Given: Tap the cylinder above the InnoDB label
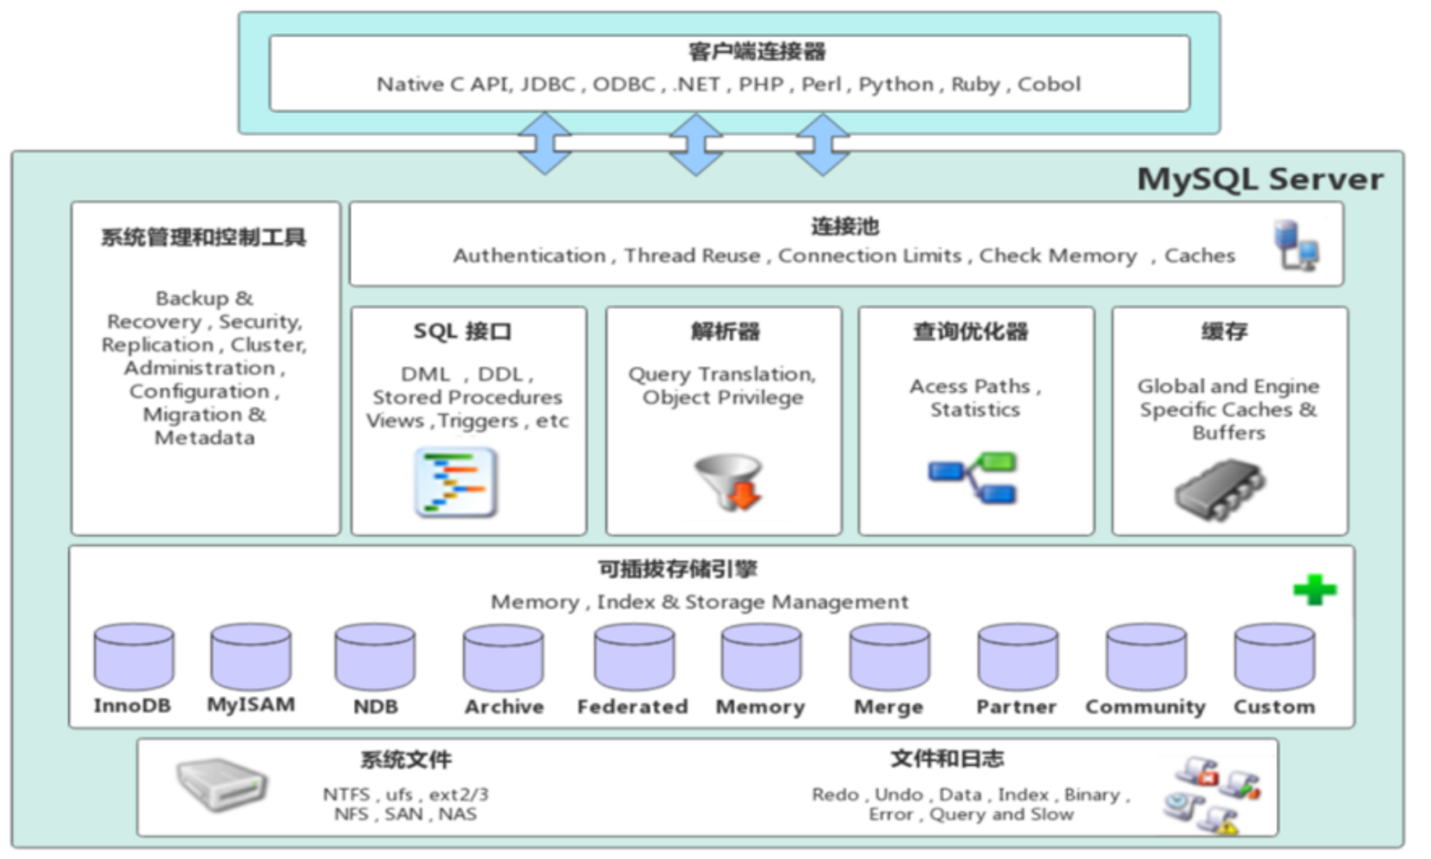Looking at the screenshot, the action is click(x=133, y=657).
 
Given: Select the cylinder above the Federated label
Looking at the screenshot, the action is click(x=634, y=657).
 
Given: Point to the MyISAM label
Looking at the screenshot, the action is click(x=251, y=705).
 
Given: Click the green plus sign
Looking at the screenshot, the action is click(x=1314, y=590).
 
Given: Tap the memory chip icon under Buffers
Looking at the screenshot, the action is click(x=1219, y=489).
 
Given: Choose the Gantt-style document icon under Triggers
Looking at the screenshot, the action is click(x=456, y=482).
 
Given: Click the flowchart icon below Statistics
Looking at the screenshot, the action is click(x=972, y=478).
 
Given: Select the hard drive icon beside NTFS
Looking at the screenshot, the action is click(x=222, y=785).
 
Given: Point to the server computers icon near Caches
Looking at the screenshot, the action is click(x=1297, y=245).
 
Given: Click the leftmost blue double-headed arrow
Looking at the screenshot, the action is click(x=545, y=143).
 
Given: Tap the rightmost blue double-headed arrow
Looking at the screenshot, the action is click(x=823, y=144).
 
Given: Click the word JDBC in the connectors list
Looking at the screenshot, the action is click(x=548, y=84).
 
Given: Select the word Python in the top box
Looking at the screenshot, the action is click(x=895, y=85).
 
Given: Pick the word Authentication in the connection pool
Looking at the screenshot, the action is click(x=529, y=256).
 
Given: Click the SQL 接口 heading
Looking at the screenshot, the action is click(x=462, y=331).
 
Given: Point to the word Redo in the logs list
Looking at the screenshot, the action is click(x=835, y=795).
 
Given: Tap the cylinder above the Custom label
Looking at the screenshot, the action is click(x=1274, y=657).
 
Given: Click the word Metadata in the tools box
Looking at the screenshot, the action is click(x=205, y=438).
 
